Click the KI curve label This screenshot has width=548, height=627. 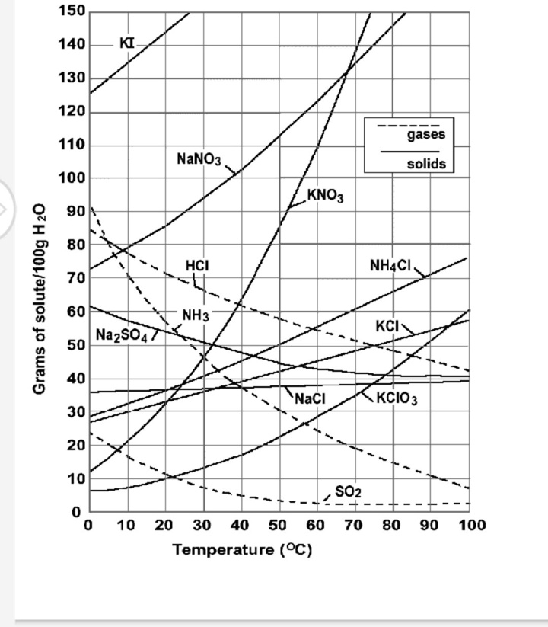pos(128,43)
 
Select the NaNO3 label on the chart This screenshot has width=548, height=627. pos(199,159)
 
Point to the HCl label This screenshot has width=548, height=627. pos(197,265)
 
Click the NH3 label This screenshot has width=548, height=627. pos(196,315)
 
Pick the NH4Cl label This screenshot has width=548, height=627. pos(390,265)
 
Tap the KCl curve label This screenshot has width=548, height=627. pos(387,326)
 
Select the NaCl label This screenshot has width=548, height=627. pos(310,398)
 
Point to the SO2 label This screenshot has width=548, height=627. pos(347,492)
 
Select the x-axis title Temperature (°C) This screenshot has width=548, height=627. pos(243,549)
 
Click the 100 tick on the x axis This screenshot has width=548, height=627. pos(470,526)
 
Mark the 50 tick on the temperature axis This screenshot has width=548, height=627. pos(278,526)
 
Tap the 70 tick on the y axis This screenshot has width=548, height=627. pos(77,278)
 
